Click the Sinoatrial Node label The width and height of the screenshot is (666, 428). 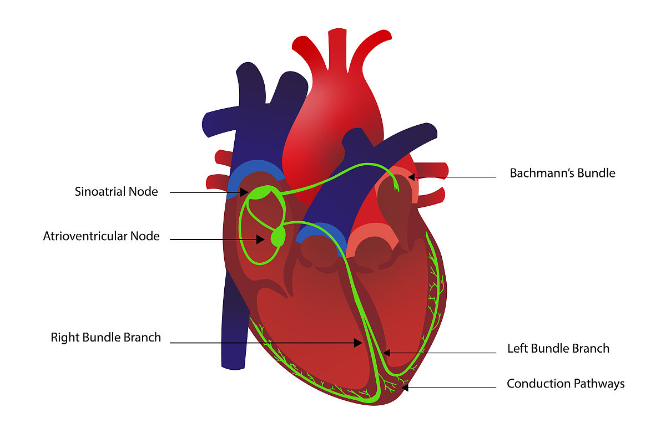117,192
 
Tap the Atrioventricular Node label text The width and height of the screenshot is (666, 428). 102,236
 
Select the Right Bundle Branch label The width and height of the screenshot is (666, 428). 106,337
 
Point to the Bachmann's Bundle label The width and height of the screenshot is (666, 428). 562,173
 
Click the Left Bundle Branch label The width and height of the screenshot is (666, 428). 558,349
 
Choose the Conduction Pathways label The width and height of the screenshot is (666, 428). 566,384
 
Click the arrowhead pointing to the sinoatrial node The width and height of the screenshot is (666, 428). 245,192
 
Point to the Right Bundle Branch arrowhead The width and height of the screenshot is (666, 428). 359,343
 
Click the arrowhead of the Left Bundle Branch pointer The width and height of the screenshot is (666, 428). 387,353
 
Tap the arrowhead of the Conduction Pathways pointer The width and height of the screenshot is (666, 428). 404,388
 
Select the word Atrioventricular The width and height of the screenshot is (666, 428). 85,236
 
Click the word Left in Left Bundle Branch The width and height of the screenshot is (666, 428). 518,349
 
